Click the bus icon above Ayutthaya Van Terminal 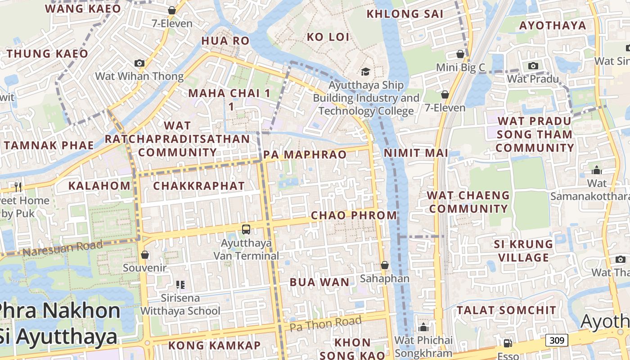click(x=246, y=229)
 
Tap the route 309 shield click(x=557, y=340)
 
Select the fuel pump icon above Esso click(x=508, y=343)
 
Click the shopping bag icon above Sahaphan click(x=385, y=265)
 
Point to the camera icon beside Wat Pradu click(x=533, y=66)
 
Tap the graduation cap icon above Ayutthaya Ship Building click(x=365, y=72)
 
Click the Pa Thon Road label click(x=325, y=323)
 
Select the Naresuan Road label click(x=63, y=248)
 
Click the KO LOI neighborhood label click(x=328, y=37)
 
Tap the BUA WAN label click(x=319, y=283)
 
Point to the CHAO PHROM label click(x=354, y=216)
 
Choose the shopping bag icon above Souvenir click(x=145, y=255)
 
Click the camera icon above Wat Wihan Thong click(x=139, y=63)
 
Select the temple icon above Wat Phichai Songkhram click(x=423, y=327)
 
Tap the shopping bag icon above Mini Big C click(x=460, y=54)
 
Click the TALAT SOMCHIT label click(x=507, y=310)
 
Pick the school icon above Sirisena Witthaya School click(x=180, y=284)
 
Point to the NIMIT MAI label click(x=416, y=153)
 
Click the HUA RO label click(x=225, y=41)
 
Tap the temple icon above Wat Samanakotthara click(x=597, y=170)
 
